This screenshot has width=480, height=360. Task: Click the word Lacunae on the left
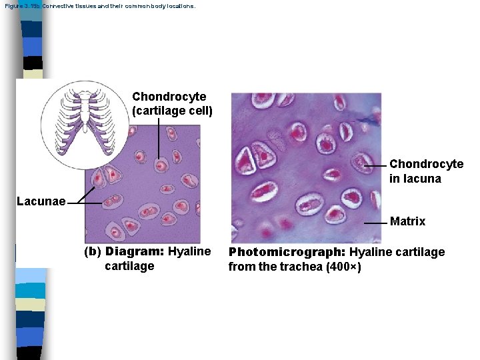click(x=41, y=201)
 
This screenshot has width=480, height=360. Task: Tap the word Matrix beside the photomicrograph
click(x=407, y=221)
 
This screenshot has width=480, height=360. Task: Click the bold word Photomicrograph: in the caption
click(x=287, y=252)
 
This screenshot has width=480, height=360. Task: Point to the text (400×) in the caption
click(x=341, y=267)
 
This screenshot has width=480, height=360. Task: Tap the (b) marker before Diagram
click(x=92, y=252)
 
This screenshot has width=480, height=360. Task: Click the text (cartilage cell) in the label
click(x=172, y=110)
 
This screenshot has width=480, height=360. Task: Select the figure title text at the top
click(x=100, y=6)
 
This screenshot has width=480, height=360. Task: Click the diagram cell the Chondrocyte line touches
click(x=160, y=165)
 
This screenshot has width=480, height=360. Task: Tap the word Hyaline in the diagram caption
click(x=189, y=252)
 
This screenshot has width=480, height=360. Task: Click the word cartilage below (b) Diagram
click(x=129, y=266)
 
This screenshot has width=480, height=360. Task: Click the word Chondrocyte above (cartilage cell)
click(x=169, y=97)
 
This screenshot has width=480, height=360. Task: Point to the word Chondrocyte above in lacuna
click(x=426, y=164)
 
